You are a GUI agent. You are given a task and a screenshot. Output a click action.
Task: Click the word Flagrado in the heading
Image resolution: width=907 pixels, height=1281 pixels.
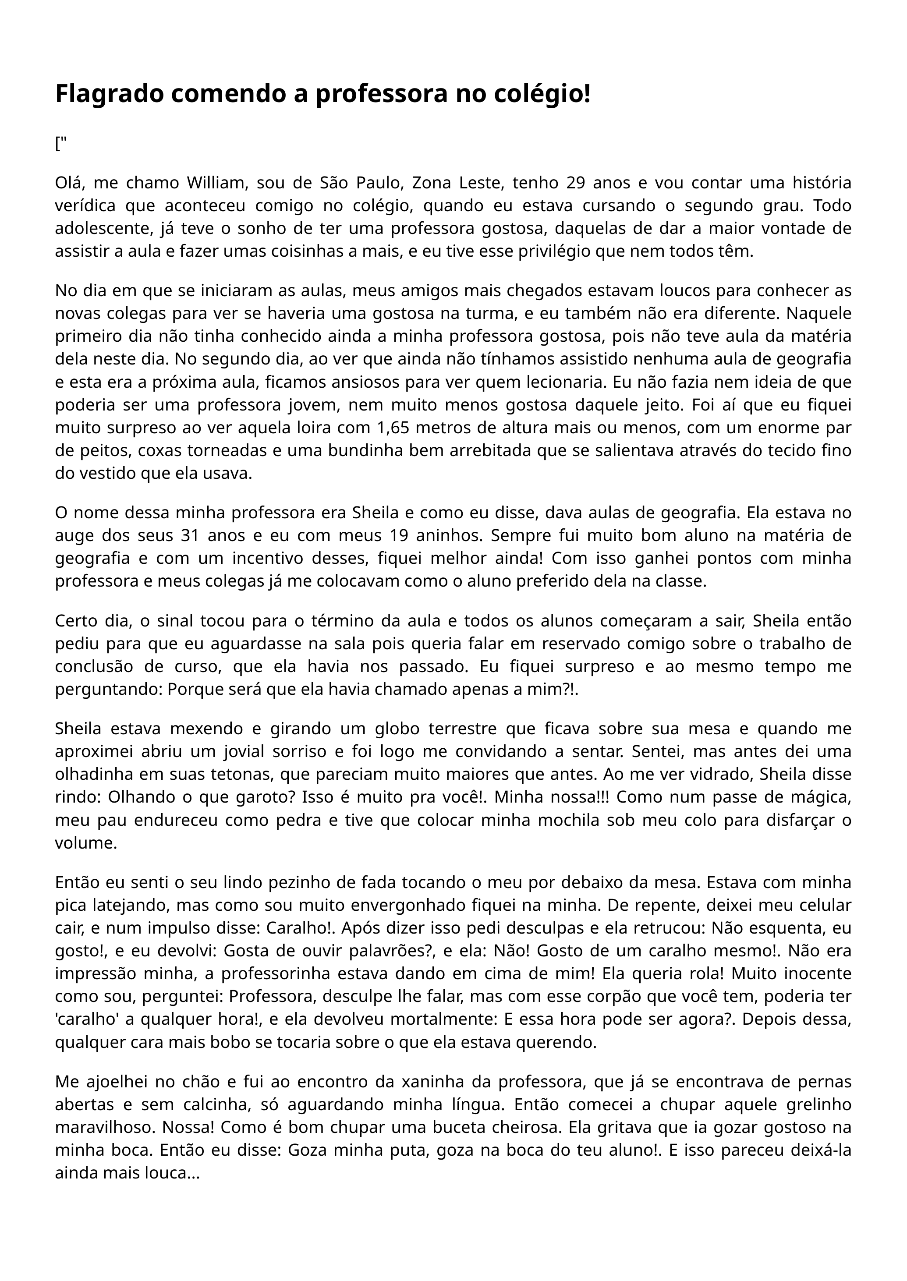pyautogui.click(x=110, y=94)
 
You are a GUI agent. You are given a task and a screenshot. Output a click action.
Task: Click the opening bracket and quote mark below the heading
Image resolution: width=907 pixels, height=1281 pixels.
pyautogui.click(x=60, y=144)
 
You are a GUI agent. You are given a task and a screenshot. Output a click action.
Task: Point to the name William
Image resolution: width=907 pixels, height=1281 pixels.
pyautogui.click(x=217, y=183)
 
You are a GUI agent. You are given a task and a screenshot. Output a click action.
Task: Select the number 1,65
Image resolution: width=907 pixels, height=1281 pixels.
pyautogui.click(x=394, y=428)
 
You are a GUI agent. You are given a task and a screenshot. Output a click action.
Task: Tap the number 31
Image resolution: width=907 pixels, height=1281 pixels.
pyautogui.click(x=191, y=535)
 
